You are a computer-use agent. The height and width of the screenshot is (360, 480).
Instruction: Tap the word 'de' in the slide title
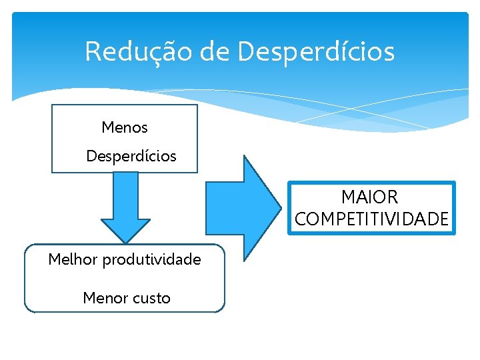tap(214, 52)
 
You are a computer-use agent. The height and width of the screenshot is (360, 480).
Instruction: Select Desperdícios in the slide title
tap(316, 52)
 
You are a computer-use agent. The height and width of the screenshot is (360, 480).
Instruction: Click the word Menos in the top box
tap(125, 127)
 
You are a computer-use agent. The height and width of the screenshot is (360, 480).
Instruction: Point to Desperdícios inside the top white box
tap(131, 157)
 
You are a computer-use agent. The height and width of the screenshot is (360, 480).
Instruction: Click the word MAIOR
tap(369, 197)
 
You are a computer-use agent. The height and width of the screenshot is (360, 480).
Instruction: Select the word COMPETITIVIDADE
tap(371, 219)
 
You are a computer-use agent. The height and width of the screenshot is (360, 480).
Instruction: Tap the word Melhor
tap(73, 259)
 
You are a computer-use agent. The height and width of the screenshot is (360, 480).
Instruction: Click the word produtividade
tap(151, 260)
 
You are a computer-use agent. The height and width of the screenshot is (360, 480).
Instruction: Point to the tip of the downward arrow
tap(125, 242)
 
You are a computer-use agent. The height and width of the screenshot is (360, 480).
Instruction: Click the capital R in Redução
tap(93, 52)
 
